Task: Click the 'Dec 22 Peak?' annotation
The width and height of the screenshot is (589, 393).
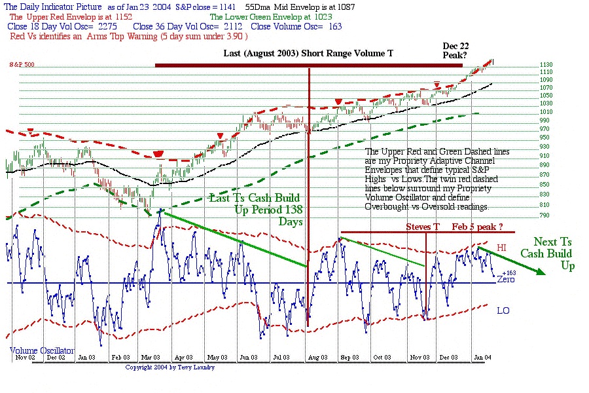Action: coord(455,50)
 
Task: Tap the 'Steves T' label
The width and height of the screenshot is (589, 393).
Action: coord(423,227)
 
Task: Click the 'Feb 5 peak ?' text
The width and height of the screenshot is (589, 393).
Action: coord(478,227)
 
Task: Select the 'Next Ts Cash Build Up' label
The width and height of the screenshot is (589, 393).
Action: coord(552,253)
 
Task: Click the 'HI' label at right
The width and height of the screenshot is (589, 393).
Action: coord(503,249)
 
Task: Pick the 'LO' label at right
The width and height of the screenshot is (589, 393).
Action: coord(503,310)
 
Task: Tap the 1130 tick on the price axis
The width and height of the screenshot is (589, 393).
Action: coord(527,65)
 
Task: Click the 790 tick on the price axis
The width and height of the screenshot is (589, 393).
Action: coord(527,215)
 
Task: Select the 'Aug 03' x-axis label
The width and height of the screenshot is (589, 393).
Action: coord(316,358)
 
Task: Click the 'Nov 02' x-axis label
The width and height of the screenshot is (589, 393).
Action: coord(24,358)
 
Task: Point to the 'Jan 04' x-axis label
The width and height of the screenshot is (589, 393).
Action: coord(482,358)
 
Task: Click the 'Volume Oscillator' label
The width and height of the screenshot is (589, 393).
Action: coord(43,350)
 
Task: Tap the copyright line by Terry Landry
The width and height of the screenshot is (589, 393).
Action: coord(170,367)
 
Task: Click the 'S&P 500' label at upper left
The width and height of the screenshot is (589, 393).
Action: coord(22,65)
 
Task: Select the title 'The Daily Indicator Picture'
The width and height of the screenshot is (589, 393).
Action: coord(51,6)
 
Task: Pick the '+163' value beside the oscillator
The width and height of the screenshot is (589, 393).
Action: coord(509,272)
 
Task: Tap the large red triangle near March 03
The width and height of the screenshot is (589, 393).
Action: coord(158,155)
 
